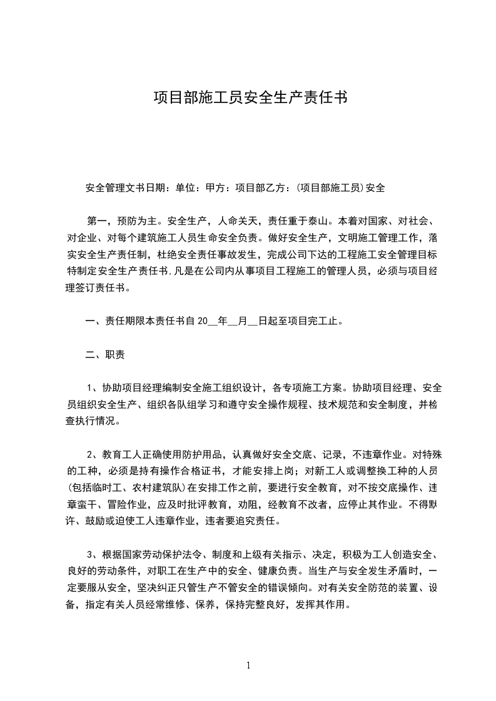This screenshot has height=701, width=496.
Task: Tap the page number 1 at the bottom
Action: (x=248, y=665)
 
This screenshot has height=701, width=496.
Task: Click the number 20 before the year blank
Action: (x=201, y=322)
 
